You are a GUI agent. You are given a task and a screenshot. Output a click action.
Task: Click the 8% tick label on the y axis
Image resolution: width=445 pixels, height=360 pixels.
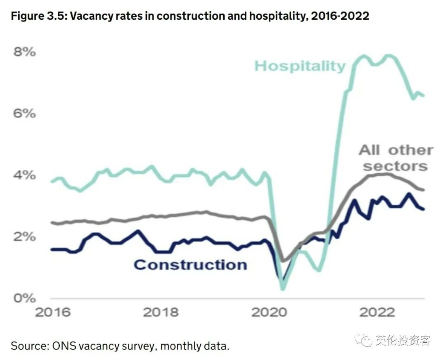click(x=24, y=52)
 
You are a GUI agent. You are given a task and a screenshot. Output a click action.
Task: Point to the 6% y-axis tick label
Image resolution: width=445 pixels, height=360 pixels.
click(x=24, y=113)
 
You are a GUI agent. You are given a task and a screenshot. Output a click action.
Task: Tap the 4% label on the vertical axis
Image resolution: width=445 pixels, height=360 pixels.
click(x=24, y=175)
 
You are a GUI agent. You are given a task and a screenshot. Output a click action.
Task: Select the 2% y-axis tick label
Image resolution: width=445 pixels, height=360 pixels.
click(x=24, y=237)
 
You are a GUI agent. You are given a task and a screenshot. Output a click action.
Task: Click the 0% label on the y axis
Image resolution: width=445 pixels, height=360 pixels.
click(x=24, y=298)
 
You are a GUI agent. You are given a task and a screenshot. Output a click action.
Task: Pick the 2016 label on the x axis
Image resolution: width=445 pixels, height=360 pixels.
click(x=52, y=312)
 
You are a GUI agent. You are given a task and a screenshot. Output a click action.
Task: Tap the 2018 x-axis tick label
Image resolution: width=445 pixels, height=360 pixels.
click(x=161, y=312)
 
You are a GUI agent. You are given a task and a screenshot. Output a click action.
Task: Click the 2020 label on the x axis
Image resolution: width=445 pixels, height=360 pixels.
click(x=269, y=312)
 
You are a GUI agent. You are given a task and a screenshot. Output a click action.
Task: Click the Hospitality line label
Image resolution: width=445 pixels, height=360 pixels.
click(x=300, y=66)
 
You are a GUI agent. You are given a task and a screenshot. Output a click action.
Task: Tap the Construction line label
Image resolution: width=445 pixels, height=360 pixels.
click(x=190, y=264)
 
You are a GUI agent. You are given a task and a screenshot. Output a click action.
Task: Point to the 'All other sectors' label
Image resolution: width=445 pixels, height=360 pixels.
click(x=396, y=158)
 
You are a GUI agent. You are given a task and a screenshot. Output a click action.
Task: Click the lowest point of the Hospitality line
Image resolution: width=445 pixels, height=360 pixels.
click(x=283, y=289)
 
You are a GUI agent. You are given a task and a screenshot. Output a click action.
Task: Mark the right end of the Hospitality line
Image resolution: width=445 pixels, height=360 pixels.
click(x=424, y=96)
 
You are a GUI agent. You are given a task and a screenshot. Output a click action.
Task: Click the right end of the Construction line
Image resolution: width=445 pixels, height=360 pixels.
click(x=424, y=209)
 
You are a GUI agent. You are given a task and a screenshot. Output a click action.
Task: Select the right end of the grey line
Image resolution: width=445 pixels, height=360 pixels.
click(x=424, y=190)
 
